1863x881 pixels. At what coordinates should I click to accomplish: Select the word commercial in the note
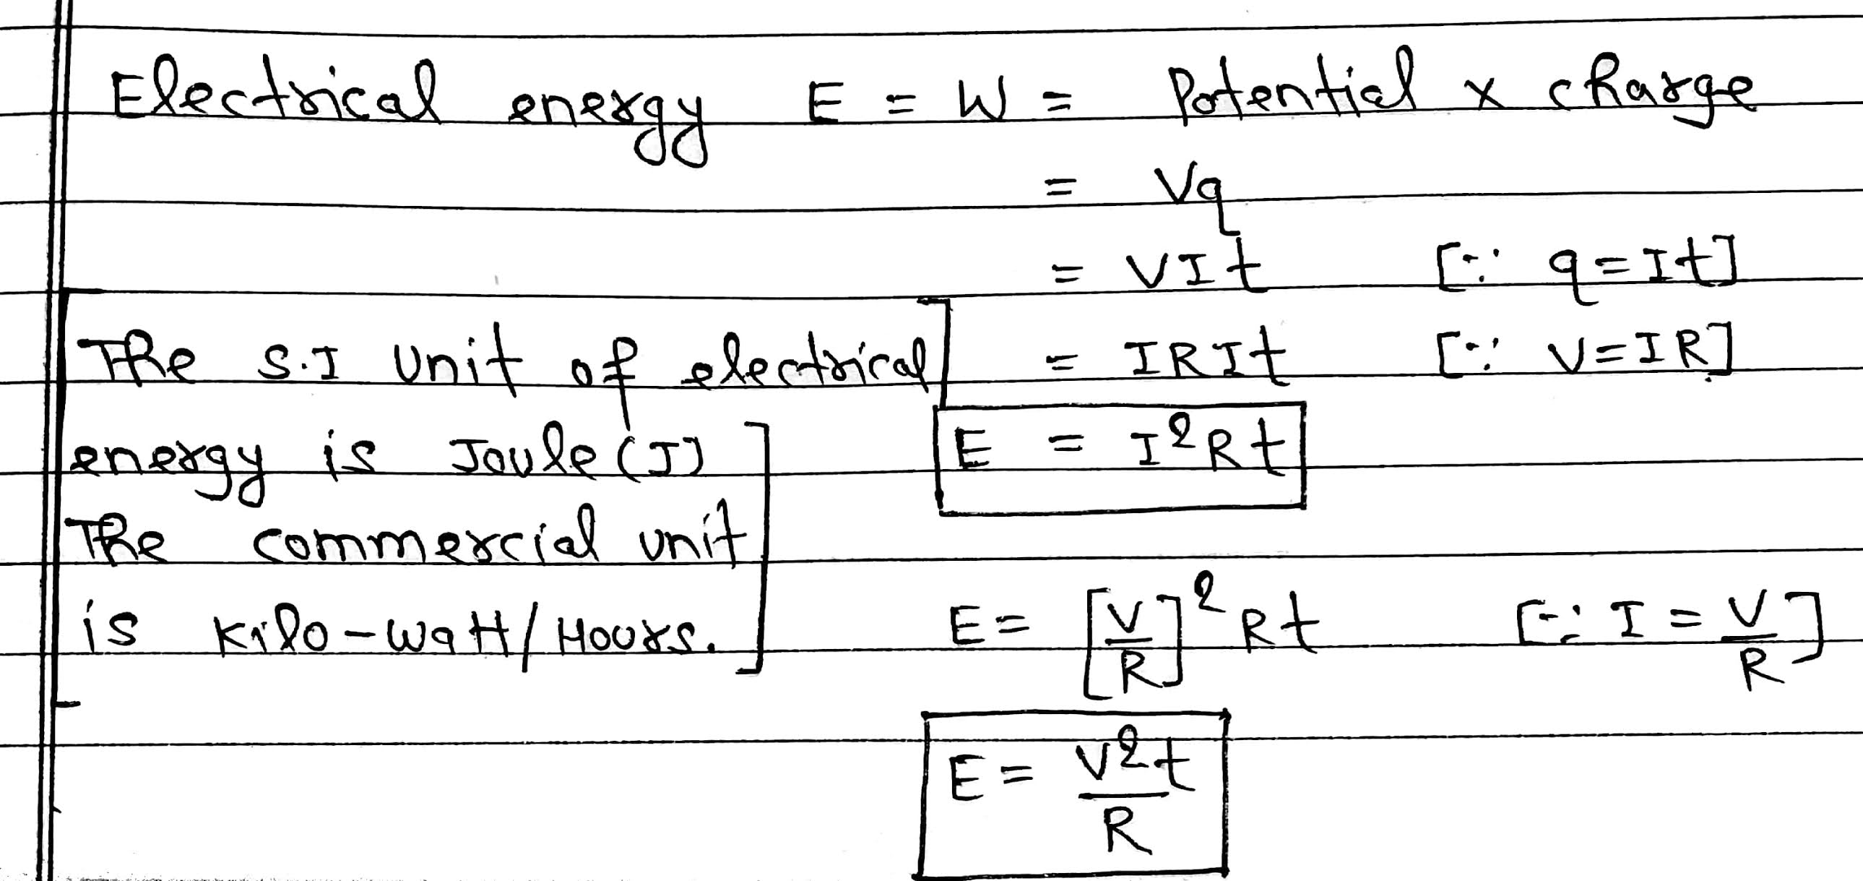tap(427, 546)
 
